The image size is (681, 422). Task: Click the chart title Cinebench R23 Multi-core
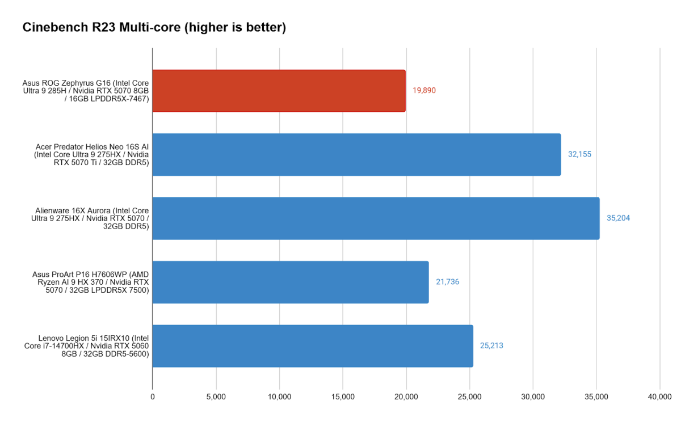click(154, 27)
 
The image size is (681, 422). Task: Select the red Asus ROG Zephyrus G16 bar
click(279, 91)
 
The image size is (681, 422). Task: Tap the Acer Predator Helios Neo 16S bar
click(356, 154)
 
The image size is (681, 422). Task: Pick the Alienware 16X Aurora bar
click(376, 218)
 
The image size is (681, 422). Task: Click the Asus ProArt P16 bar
click(291, 282)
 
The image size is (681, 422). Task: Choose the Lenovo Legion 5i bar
click(313, 346)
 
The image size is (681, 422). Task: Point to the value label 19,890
click(424, 91)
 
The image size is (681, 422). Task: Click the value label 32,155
click(579, 154)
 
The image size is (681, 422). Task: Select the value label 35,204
click(618, 218)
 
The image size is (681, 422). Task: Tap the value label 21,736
click(447, 282)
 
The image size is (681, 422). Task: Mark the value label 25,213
click(491, 346)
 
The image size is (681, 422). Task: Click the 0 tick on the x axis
click(153, 398)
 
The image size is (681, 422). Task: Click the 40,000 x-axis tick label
click(659, 398)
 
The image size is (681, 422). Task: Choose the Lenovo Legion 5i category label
click(94, 346)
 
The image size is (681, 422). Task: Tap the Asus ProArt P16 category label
click(91, 282)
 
